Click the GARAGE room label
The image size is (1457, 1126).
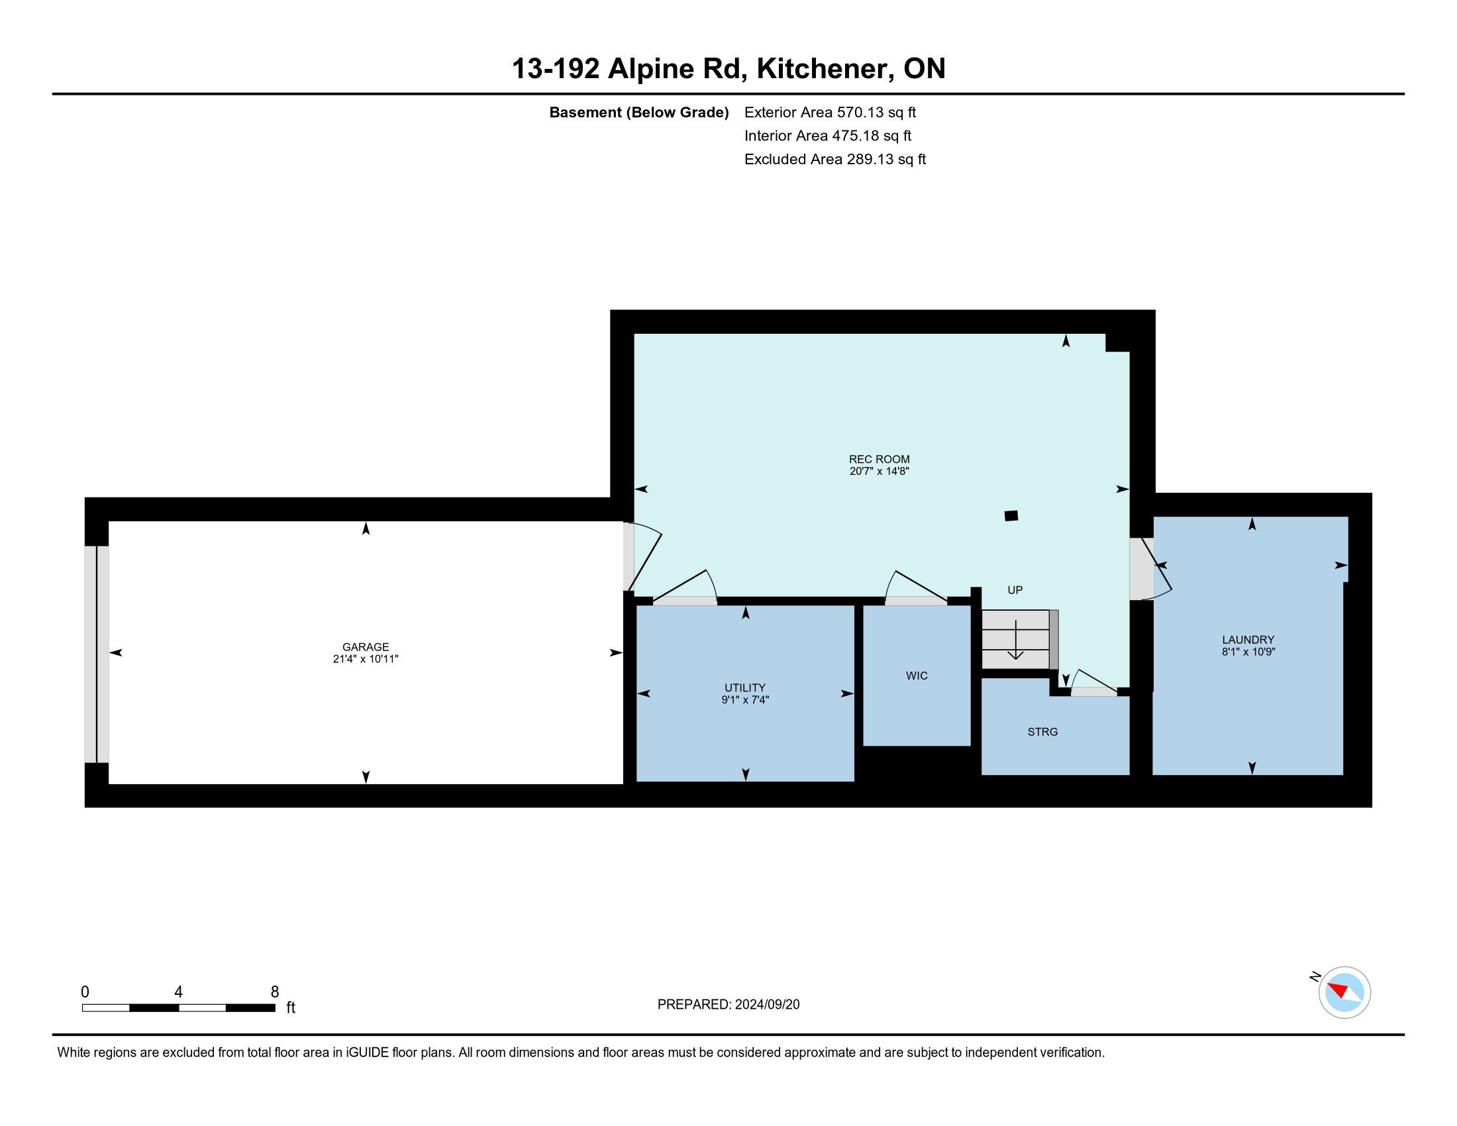point(366,646)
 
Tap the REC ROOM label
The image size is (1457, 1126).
point(879,459)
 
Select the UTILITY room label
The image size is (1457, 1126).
point(745,688)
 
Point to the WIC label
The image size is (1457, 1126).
point(917,676)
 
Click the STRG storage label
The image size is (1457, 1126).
point(1042,732)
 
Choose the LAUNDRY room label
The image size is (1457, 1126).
point(1248,639)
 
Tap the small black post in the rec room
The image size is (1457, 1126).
point(1011,515)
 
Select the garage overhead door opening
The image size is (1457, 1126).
point(97,654)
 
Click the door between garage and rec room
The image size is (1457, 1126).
point(642,558)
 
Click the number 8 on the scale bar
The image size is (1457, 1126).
point(275,992)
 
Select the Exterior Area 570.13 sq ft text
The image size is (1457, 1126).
point(830,112)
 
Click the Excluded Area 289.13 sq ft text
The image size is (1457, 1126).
point(835,159)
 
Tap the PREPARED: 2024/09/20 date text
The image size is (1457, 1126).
point(728,1004)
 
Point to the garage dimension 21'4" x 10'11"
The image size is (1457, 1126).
point(366,659)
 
